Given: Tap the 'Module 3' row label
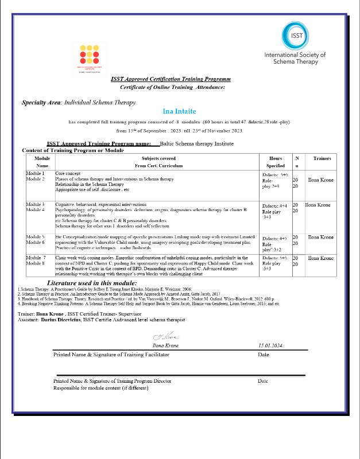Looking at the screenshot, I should coord(36,205).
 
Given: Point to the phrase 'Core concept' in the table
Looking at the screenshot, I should coord(68,173).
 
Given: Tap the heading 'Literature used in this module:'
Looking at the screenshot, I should coord(92,283).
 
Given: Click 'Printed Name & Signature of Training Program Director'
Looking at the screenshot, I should coord(112,381).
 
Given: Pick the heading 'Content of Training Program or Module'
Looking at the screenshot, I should coord(72,150).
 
